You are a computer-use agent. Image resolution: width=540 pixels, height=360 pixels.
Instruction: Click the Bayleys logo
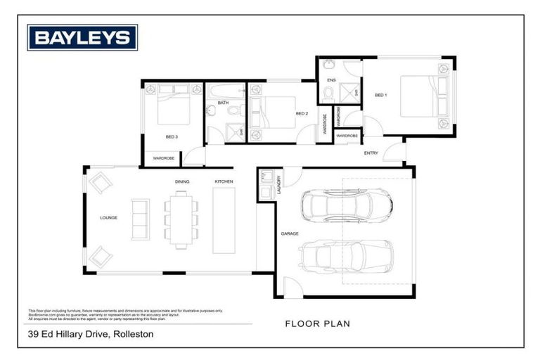(x=82, y=37)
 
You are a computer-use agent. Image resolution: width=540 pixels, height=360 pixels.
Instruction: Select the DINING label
(x=182, y=182)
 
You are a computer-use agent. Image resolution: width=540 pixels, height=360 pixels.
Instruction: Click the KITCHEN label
(x=224, y=182)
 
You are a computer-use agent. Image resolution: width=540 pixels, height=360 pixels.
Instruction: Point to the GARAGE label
(x=290, y=233)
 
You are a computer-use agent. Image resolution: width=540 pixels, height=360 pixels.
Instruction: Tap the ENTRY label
(x=371, y=153)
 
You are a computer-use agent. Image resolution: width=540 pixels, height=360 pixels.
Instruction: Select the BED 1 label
(x=380, y=95)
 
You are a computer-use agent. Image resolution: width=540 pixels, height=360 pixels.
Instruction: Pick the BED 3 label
(x=172, y=136)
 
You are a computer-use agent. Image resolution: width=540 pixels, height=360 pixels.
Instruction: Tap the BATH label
(x=223, y=103)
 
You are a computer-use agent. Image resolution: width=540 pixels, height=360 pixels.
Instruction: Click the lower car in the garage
(x=345, y=255)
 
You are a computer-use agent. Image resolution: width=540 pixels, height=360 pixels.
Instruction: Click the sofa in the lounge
(x=140, y=219)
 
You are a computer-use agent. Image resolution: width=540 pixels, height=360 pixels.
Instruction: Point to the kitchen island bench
(x=226, y=220)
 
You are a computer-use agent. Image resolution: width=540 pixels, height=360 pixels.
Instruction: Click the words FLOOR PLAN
(x=317, y=324)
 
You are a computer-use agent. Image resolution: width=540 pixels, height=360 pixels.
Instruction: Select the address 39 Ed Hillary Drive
(x=91, y=335)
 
